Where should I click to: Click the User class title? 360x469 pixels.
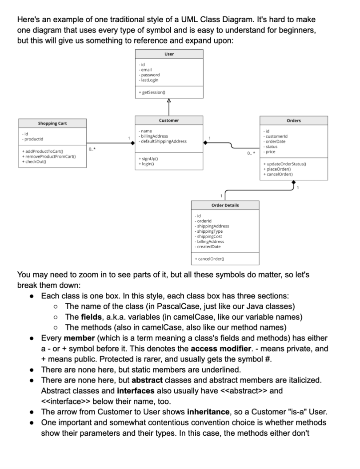tap(169, 54)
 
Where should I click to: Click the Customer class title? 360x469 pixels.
tap(169, 120)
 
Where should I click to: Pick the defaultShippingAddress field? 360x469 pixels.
tap(163, 141)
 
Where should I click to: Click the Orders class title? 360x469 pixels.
tap(294, 120)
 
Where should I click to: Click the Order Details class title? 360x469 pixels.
tap(225, 205)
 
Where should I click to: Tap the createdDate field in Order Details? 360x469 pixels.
tap(209, 246)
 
